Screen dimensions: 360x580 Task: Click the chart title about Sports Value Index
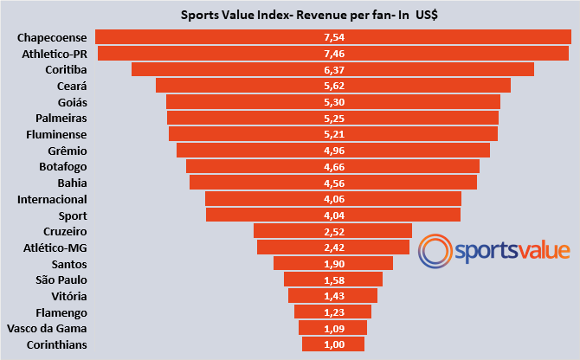tap(307, 15)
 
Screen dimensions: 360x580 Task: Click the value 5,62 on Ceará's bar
tap(333, 86)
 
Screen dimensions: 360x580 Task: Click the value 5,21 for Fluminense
tap(333, 134)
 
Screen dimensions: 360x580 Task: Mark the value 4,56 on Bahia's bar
tap(333, 183)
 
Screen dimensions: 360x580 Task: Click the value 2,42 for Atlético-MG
tap(333, 247)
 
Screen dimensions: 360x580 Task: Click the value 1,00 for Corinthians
tap(333, 344)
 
